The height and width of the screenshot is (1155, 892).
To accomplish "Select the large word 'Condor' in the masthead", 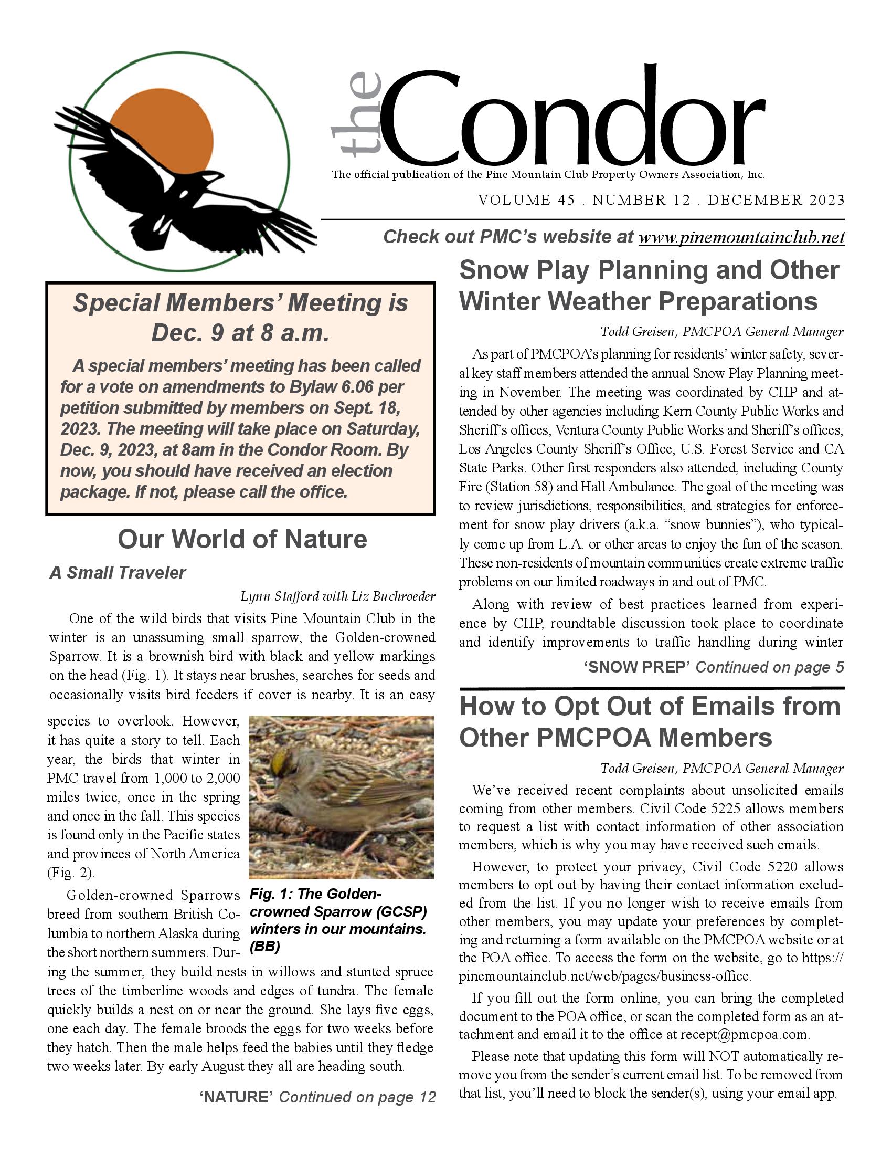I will pos(574,119).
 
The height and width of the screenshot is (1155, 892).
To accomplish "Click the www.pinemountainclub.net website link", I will pos(741,237).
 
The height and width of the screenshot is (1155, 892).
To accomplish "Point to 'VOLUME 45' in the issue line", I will pos(526,200).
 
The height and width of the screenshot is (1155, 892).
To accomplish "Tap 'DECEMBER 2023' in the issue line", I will pos(776,200).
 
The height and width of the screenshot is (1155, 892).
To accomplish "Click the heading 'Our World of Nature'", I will pos(242,539).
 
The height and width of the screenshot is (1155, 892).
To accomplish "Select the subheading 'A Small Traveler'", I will pos(118,573).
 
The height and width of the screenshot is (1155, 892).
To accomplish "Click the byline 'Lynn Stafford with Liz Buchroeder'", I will pos(338,596).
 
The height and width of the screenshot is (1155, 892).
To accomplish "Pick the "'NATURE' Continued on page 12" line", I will pos(317,1097).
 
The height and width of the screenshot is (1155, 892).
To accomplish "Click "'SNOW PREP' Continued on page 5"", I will pos(714,667).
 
